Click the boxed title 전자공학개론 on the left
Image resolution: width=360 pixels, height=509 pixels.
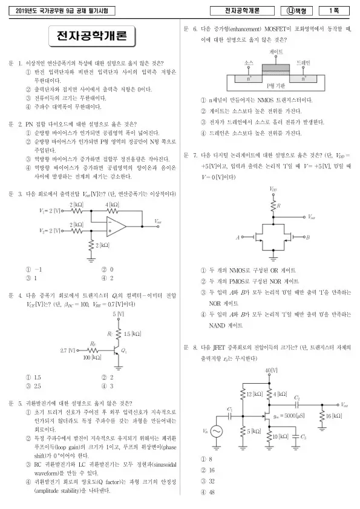(x=92, y=36)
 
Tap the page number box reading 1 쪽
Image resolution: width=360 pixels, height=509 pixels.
(x=334, y=11)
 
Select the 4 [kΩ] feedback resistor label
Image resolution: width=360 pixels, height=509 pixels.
(x=112, y=205)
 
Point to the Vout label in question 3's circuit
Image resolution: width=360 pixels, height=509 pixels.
(x=158, y=222)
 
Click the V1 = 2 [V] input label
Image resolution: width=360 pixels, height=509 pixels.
(x=50, y=211)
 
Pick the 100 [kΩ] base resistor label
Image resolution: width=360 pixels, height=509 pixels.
(x=92, y=358)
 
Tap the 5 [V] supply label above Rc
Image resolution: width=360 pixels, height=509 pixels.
(x=119, y=314)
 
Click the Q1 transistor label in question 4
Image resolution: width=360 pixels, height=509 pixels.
(x=123, y=350)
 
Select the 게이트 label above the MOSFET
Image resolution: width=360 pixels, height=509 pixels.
(x=276, y=51)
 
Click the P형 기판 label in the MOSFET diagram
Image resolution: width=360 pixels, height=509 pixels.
(x=276, y=86)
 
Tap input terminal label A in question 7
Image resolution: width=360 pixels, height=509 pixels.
(x=238, y=237)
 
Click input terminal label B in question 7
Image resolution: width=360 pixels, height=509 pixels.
(x=308, y=237)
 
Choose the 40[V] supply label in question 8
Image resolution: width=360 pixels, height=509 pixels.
(x=272, y=370)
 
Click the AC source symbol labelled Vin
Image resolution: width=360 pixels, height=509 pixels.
(x=217, y=432)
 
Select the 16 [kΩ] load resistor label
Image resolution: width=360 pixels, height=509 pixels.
(x=334, y=416)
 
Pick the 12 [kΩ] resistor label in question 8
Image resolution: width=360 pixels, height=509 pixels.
(x=255, y=394)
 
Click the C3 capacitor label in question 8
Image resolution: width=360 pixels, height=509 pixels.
(x=303, y=436)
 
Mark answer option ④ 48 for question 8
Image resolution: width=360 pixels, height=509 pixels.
(x=208, y=492)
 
